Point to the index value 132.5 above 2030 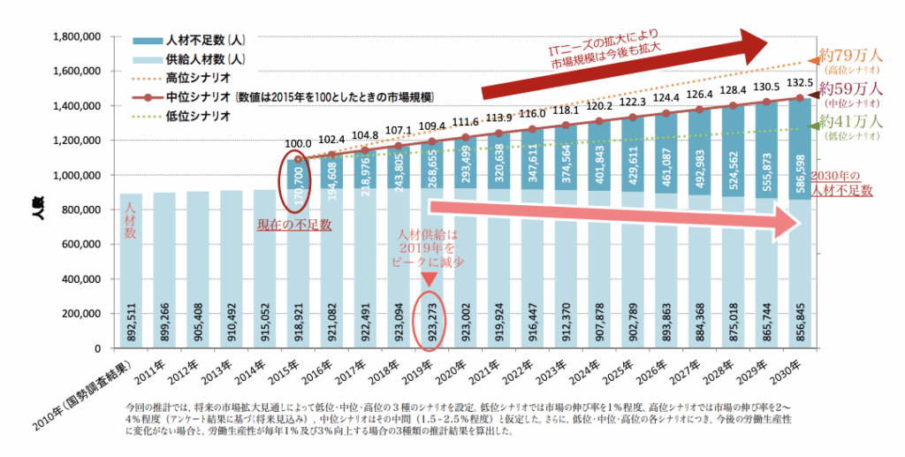click(x=799, y=84)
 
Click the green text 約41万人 click(x=850, y=121)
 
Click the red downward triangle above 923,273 click(x=430, y=278)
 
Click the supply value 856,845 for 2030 click(x=800, y=314)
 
